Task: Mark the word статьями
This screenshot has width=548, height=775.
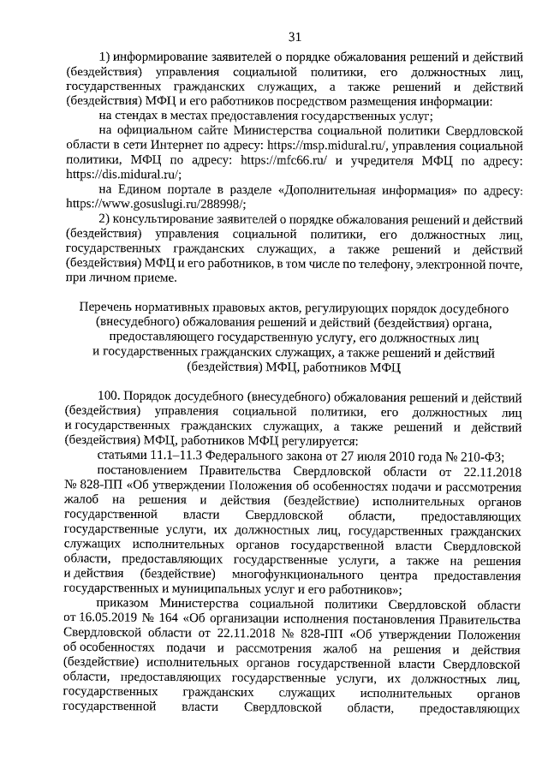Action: [124, 455]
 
